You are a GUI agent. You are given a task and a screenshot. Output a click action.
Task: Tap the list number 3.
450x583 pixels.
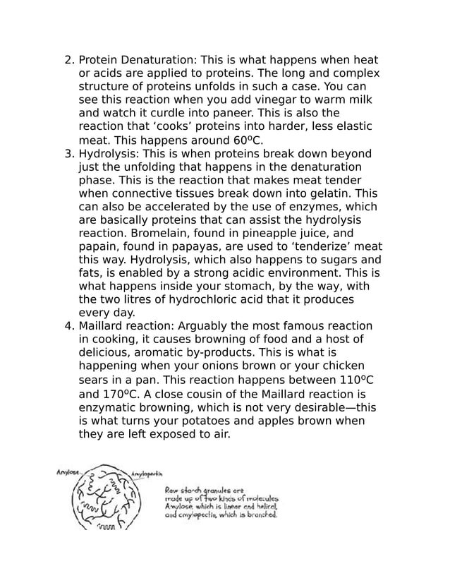(x=68, y=154)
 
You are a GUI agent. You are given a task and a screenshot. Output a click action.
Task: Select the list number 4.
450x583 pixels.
(x=68, y=325)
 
